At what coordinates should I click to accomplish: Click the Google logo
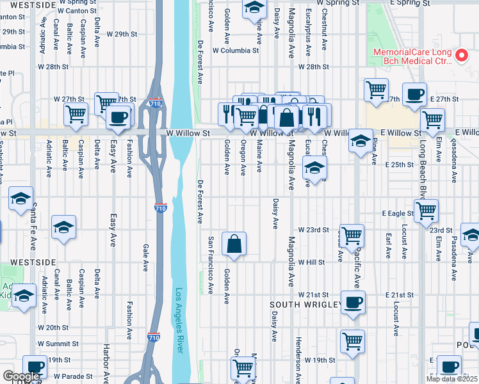tap(21, 376)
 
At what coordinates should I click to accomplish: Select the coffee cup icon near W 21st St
tap(352, 302)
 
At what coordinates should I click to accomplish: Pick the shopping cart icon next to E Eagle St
tap(426, 211)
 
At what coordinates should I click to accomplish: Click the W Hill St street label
tap(313, 262)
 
